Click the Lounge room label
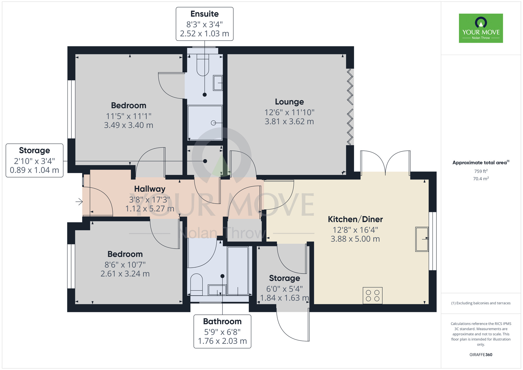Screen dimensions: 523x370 289,102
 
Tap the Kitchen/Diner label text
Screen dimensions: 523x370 355,219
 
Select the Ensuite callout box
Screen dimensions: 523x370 204,24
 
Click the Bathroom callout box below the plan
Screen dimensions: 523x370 222,331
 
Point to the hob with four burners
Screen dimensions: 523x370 373,296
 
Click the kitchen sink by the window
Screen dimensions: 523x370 422,239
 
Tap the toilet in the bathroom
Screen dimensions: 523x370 196,285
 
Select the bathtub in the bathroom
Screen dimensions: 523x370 238,271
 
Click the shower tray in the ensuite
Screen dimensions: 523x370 205,123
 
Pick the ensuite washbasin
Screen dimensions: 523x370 218,83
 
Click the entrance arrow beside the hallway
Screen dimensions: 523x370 79,202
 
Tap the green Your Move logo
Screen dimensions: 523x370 481,28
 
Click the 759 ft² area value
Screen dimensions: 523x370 481,171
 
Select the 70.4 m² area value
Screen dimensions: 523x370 481,179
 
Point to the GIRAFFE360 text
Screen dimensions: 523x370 481,355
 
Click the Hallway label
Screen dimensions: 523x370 150,189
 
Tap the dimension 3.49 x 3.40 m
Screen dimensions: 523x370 129,125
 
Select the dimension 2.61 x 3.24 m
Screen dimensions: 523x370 125,274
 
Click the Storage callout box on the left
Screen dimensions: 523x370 35,160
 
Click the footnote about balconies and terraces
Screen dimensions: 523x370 481,303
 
